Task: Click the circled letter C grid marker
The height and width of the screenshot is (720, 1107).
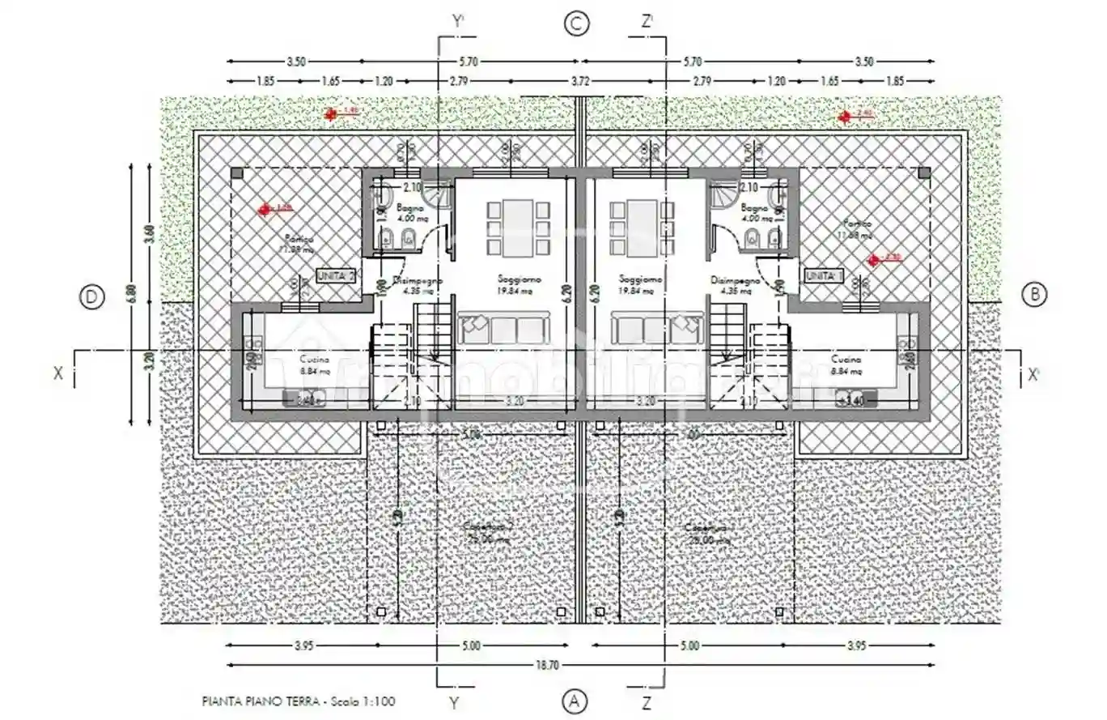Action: pos(576,24)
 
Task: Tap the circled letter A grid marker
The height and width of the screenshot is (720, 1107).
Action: pos(574,701)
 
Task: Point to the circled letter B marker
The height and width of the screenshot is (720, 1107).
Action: pos(1034,295)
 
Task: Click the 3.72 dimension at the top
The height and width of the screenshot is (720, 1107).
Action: pos(578,81)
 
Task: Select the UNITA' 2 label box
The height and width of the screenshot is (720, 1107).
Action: pos(337,275)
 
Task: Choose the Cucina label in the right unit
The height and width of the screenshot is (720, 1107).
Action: pos(846,359)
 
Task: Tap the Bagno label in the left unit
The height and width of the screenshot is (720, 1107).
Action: pos(409,209)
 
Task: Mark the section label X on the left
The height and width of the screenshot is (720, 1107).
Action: pos(58,374)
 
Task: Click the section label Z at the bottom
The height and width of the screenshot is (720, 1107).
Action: pos(646,701)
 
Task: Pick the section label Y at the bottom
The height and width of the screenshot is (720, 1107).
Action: pos(455,701)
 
